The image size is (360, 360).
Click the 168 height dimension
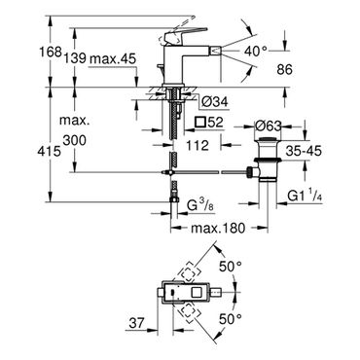pyautogui.click(x=50, y=52)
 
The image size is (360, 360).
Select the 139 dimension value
pyautogui.click(x=75, y=58)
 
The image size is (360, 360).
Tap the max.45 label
pyautogui.click(x=113, y=58)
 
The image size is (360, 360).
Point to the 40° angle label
pyautogui.click(x=256, y=51)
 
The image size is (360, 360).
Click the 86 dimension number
pyautogui.click(x=285, y=69)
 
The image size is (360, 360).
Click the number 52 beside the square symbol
pyautogui.click(x=215, y=123)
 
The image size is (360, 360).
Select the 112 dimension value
pyautogui.click(x=198, y=146)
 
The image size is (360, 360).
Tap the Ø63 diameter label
pyautogui.click(x=268, y=126)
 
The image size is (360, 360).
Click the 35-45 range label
pyautogui.click(x=304, y=151)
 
